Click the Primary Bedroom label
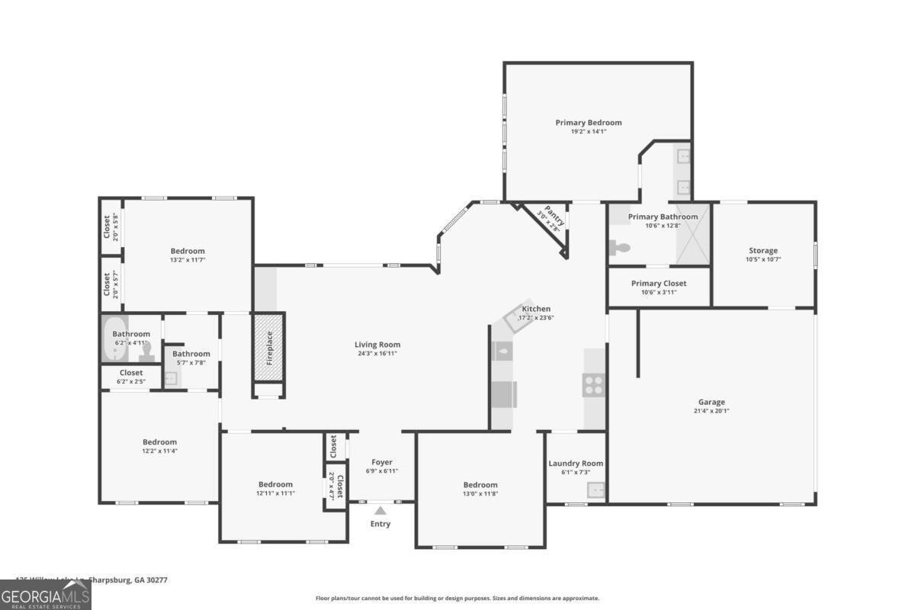tap(588, 123)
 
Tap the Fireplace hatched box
tap(268, 348)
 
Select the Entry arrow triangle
tap(380, 511)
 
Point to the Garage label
tap(711, 402)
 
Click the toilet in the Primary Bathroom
tap(620, 247)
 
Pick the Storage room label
tap(763, 250)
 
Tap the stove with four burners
tap(594, 385)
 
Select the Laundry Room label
tap(576, 463)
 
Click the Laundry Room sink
tap(596, 490)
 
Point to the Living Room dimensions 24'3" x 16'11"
tap(377, 354)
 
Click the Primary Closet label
tap(659, 283)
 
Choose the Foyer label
tap(382, 462)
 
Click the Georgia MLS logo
tap(46, 595)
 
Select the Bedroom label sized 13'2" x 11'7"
tap(187, 251)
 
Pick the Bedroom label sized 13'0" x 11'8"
tap(480, 485)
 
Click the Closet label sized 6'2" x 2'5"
tap(130, 373)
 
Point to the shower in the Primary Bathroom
tap(693, 234)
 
